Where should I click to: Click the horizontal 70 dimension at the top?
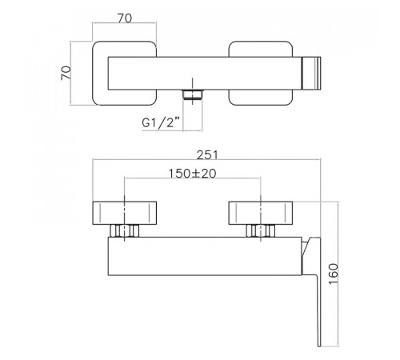coord(125,18)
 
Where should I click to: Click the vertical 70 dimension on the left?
coord(66,73)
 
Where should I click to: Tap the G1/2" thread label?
coord(162,123)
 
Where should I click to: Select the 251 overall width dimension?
coord(207,155)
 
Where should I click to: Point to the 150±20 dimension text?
coord(192,174)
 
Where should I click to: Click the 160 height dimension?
coord(334,274)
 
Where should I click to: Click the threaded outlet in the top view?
coord(193,95)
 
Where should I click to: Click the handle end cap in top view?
coord(311,73)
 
